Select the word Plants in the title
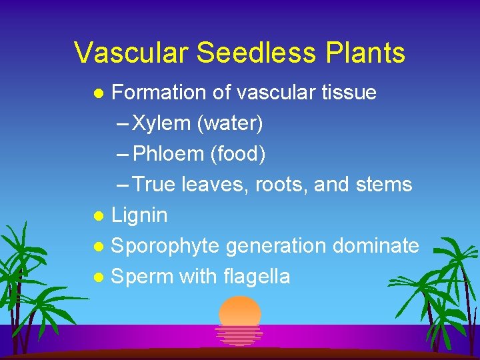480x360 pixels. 364,52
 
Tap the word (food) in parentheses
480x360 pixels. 237,154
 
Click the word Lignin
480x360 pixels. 139,215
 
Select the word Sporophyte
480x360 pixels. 165,246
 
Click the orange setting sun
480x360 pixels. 240,312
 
